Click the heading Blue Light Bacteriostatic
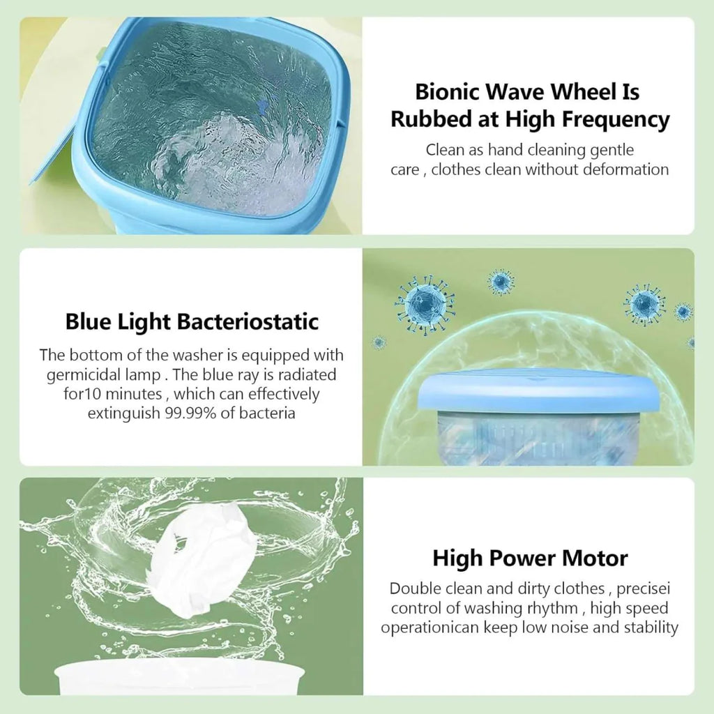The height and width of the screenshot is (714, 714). pos(192,321)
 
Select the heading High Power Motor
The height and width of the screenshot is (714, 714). pos(530,558)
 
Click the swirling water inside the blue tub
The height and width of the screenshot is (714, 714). pos(209,126)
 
